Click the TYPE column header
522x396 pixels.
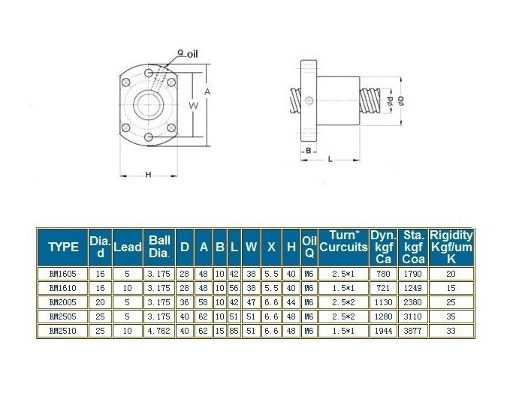62,247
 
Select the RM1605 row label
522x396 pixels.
62,274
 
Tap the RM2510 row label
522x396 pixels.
62,330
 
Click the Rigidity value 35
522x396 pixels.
451,316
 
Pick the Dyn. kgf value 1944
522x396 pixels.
383,330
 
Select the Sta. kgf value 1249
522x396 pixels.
413,288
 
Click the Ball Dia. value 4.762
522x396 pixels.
158,330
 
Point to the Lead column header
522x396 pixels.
127,247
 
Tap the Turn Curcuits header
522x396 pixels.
343,241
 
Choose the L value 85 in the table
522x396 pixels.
234,330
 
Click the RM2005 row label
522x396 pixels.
62,301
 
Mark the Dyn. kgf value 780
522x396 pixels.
383,274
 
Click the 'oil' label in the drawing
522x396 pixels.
192,52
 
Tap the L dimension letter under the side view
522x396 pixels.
331,159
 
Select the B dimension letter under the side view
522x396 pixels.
308,150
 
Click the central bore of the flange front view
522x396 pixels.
149,104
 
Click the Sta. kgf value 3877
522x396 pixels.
413,330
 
